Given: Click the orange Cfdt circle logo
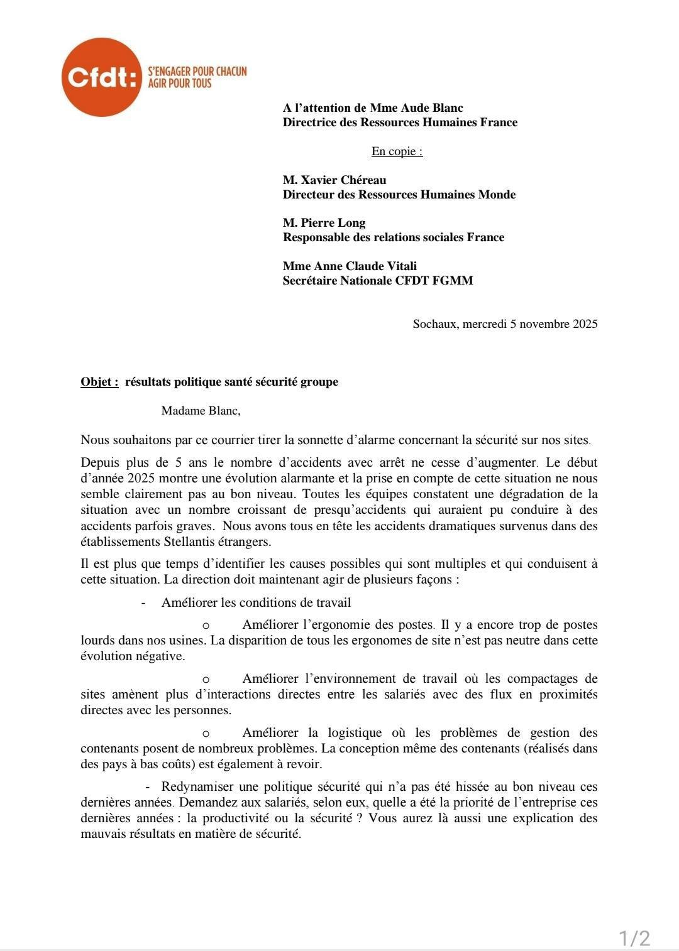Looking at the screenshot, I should (101, 77).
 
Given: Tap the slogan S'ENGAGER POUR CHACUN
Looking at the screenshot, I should (197, 72).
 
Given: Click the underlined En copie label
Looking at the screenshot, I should (397, 151).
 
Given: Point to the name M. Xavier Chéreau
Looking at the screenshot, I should (334, 180).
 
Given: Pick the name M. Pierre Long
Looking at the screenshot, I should (324, 223).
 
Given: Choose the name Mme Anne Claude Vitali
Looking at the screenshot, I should (350, 266).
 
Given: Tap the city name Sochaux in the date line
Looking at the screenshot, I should (434, 324).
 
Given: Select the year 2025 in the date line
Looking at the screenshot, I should (585, 324).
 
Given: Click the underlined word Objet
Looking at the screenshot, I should (99, 382).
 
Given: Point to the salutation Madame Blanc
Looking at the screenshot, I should (200, 411).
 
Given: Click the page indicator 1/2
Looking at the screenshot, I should (634, 938).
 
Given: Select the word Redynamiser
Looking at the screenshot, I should (201, 786).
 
